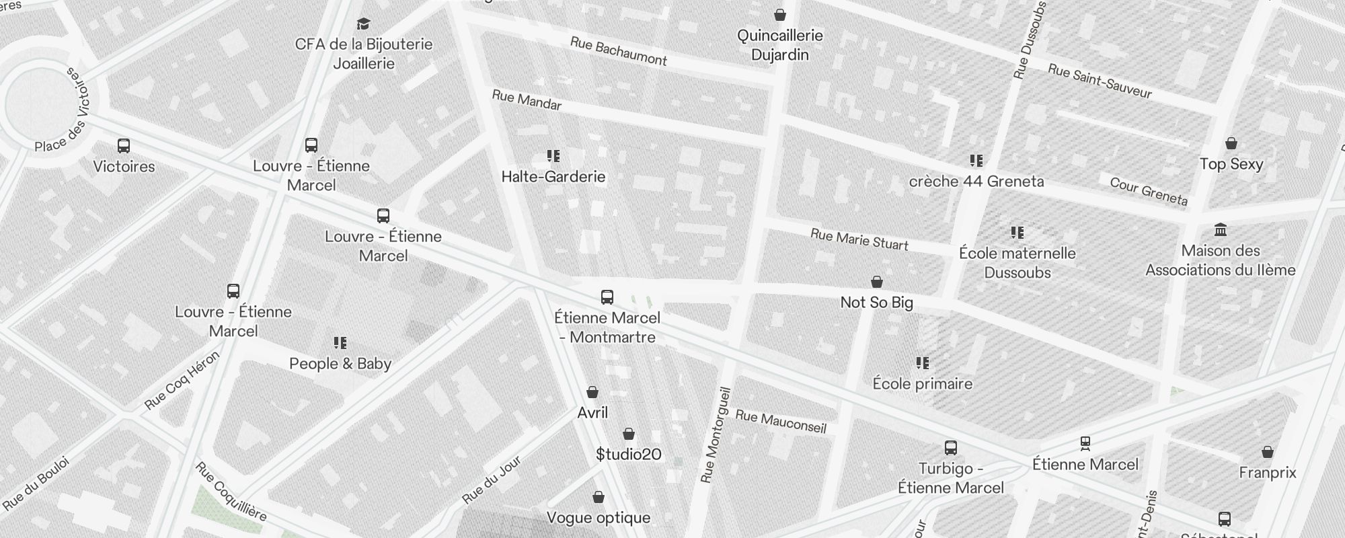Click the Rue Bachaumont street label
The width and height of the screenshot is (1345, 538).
(618, 51)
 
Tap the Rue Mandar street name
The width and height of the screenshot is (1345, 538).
(527, 100)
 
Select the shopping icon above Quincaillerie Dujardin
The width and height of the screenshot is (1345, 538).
(780, 14)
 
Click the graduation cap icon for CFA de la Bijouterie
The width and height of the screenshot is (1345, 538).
(364, 24)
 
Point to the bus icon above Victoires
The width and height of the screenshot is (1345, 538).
(124, 146)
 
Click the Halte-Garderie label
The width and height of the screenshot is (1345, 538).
(553, 177)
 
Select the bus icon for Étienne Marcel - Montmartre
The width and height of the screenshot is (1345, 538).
(607, 297)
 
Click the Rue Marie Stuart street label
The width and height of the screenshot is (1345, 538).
(859, 239)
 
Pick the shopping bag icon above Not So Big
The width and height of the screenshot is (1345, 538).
(877, 282)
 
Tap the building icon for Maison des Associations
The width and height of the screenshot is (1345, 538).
(1221, 230)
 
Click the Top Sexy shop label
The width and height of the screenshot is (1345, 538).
(1231, 164)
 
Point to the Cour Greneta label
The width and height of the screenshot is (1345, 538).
(1149, 191)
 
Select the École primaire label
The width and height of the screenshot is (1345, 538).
(923, 384)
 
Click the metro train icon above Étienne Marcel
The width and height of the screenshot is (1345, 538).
(1085, 443)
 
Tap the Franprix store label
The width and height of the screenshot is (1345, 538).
(1268, 473)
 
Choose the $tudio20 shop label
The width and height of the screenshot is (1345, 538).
(629, 455)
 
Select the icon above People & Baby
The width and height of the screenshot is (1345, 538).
(340, 343)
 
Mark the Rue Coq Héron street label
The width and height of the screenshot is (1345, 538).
(182, 381)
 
